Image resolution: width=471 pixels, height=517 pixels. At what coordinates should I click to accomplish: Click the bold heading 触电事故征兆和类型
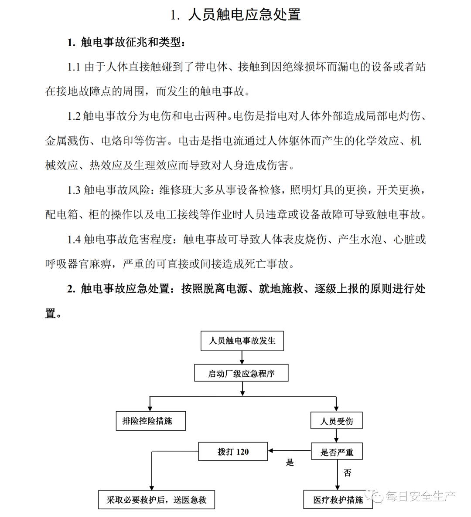tap(130, 42)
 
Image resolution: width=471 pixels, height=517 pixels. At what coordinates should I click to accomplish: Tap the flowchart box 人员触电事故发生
tap(242, 341)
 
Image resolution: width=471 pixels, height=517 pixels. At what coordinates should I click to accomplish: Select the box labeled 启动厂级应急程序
tap(241, 373)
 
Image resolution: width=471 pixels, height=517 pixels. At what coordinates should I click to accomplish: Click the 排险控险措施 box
tap(150, 421)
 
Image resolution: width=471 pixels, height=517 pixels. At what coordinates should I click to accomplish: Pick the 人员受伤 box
tap(336, 421)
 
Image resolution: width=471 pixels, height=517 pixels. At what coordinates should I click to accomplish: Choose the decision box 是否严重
tap(337, 452)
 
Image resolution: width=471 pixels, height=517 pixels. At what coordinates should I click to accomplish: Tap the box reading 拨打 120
tap(233, 452)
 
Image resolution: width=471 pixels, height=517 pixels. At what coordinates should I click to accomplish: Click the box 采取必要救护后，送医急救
tap(157, 500)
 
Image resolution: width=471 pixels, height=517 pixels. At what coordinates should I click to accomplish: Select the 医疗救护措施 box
tap(338, 500)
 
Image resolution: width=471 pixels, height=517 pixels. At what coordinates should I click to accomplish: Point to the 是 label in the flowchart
tap(290, 463)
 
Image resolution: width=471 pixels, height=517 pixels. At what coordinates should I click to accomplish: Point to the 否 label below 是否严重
tap(347, 473)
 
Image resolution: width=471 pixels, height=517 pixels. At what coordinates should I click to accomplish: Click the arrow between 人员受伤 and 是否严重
tap(336, 436)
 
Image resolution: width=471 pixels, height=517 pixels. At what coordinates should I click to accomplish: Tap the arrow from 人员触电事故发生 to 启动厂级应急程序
tap(242, 357)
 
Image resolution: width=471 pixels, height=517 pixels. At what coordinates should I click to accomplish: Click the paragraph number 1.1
tap(74, 67)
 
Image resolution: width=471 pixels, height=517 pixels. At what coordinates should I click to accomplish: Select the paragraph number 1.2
tap(74, 116)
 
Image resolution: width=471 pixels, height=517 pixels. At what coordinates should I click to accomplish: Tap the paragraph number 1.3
tap(74, 190)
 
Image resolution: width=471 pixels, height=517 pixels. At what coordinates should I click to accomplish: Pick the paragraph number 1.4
tap(74, 240)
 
